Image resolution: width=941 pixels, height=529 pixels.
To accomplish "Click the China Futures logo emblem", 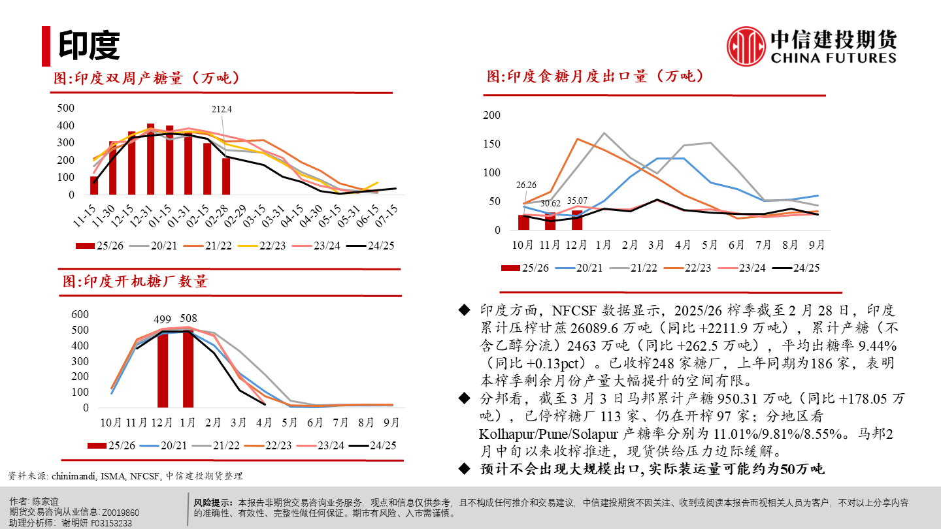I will click(746, 46).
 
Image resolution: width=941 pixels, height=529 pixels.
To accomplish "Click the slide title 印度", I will click(89, 44).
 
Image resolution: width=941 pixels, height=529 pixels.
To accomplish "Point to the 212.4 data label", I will click(222, 108).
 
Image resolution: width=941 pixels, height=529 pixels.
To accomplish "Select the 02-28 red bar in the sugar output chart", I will click(226, 176).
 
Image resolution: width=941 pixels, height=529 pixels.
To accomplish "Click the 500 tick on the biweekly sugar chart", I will click(66, 108).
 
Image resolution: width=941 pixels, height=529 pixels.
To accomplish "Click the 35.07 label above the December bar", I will click(576, 200).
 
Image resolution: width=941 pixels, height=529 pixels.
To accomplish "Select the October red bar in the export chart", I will click(524, 222).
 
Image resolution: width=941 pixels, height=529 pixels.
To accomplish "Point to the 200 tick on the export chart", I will click(491, 116).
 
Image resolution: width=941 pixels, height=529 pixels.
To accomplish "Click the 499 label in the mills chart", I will click(162, 320).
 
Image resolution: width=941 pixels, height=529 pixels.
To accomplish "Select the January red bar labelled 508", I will click(188, 369).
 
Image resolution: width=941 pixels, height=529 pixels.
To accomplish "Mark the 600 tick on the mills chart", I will click(80, 314).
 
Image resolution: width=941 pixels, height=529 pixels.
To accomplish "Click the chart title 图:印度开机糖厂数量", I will click(135, 281).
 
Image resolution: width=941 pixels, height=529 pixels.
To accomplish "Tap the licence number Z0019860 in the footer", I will click(120, 512).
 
